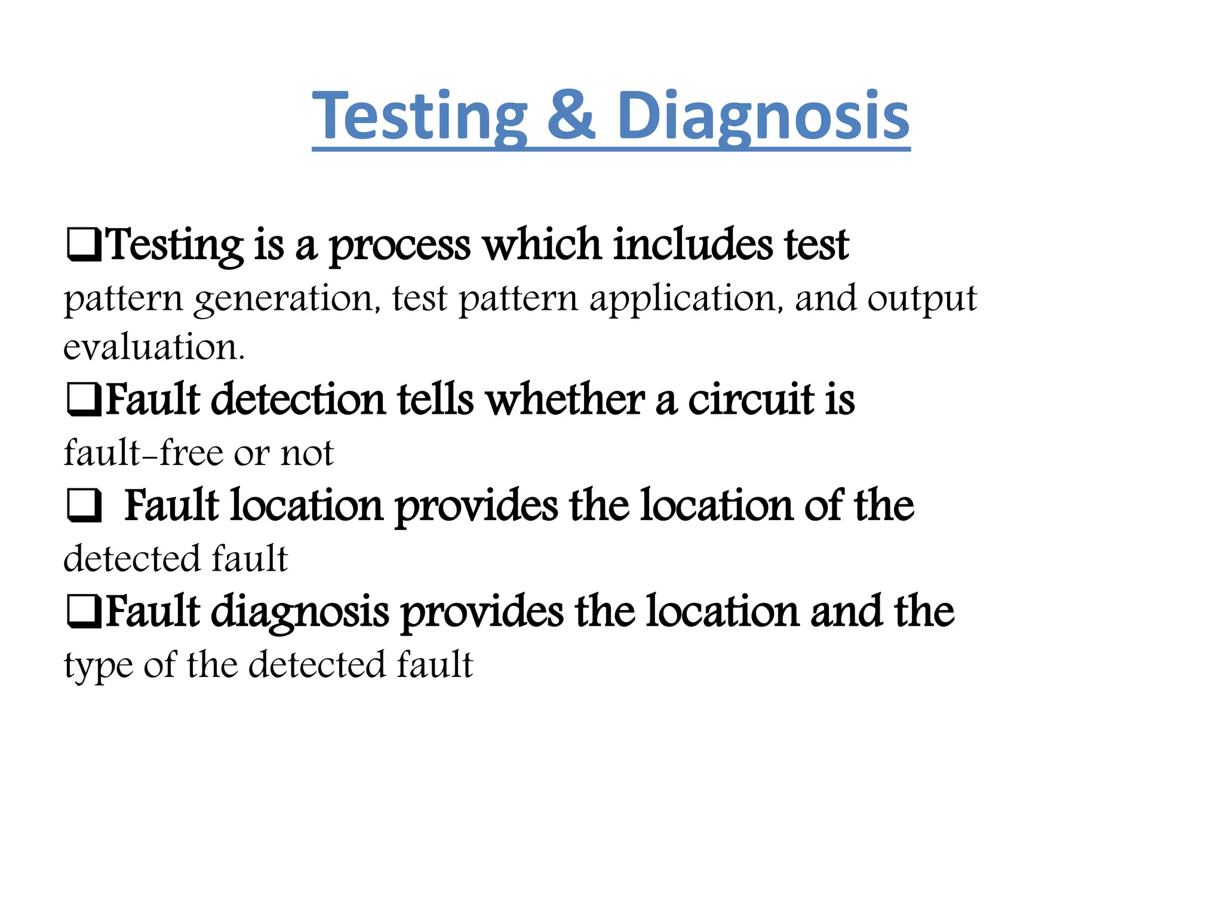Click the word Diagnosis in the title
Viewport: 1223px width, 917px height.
coord(763,116)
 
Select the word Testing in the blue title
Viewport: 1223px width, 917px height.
coord(419,116)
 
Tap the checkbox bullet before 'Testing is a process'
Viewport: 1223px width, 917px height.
coord(83,245)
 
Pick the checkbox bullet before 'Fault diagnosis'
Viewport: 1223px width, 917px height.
coord(83,612)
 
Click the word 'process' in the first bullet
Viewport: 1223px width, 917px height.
coord(400,245)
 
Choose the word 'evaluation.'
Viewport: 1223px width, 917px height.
coord(154,347)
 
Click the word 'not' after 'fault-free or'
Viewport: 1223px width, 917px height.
coord(307,454)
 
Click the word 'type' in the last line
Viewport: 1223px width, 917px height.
coord(99,666)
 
